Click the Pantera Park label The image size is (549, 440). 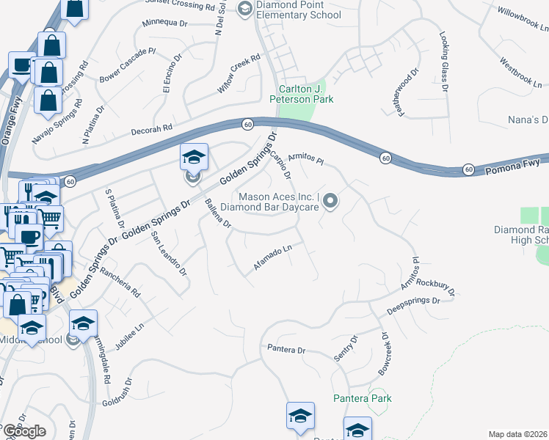pyautogui.click(x=363, y=398)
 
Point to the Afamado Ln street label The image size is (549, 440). pyautogui.click(x=273, y=257)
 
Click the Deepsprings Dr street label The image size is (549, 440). pyautogui.click(x=413, y=305)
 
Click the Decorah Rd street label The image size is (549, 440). pyautogui.click(x=152, y=127)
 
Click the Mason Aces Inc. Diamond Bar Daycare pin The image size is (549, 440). pyautogui.click(x=330, y=200)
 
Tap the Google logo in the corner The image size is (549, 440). pyautogui.click(x=23, y=431)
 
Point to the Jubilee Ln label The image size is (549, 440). pyautogui.click(x=130, y=336)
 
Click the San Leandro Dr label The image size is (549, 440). pyautogui.click(x=169, y=253)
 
